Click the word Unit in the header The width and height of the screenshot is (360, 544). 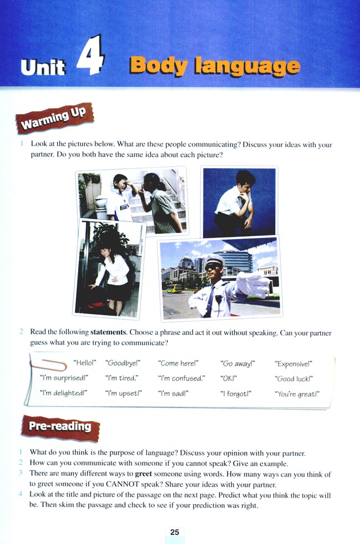pyautogui.click(x=43, y=68)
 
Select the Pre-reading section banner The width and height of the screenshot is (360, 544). pyautogui.click(x=55, y=426)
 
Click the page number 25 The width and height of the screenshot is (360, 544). pyautogui.click(x=174, y=532)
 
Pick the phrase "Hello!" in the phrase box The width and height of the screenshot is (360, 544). pyautogui.click(x=85, y=364)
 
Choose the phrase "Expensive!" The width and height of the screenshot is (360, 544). pyautogui.click(x=294, y=364)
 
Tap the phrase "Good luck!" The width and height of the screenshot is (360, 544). pyautogui.click(x=294, y=379)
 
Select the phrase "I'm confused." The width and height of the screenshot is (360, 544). pyautogui.click(x=181, y=379)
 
